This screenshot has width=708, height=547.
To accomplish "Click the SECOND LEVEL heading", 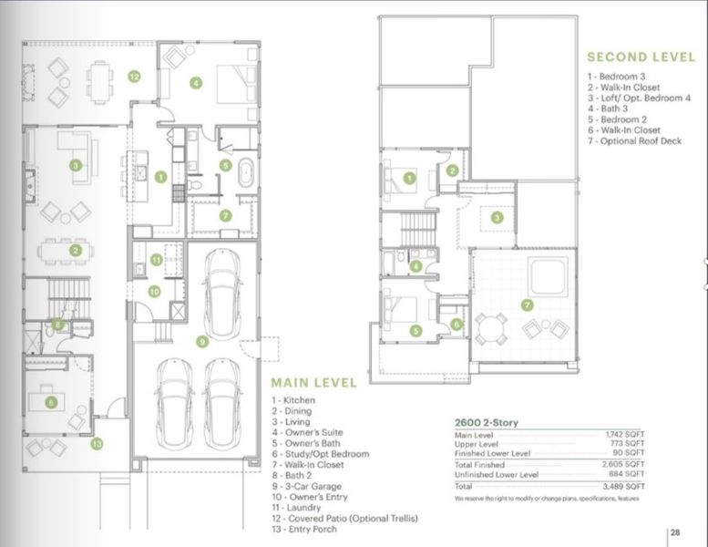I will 641,56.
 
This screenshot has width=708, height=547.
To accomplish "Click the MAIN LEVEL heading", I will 313,383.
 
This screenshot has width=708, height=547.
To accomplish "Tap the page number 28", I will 675,534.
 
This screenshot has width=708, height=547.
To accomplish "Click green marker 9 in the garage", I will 203,341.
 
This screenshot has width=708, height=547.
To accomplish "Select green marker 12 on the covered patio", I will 134,77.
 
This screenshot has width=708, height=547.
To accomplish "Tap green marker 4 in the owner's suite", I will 195,82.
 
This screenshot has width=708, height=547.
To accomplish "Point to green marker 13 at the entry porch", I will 97,444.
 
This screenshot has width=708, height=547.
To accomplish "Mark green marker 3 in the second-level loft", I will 497,218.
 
